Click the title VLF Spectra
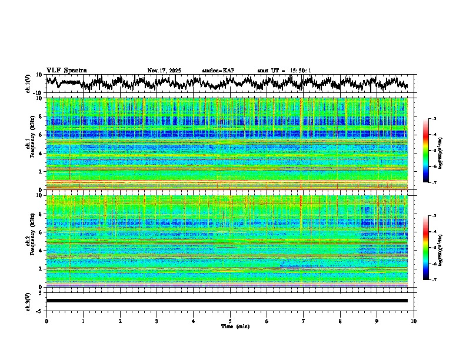66,71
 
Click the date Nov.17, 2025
164,71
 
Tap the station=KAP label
218,71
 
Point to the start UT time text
284,71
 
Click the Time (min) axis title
235,326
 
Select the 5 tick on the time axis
230,321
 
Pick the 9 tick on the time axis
377,321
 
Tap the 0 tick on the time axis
46,321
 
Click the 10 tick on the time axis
414,321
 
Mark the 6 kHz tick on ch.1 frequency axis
42,135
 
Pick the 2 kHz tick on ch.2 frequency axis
42,269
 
